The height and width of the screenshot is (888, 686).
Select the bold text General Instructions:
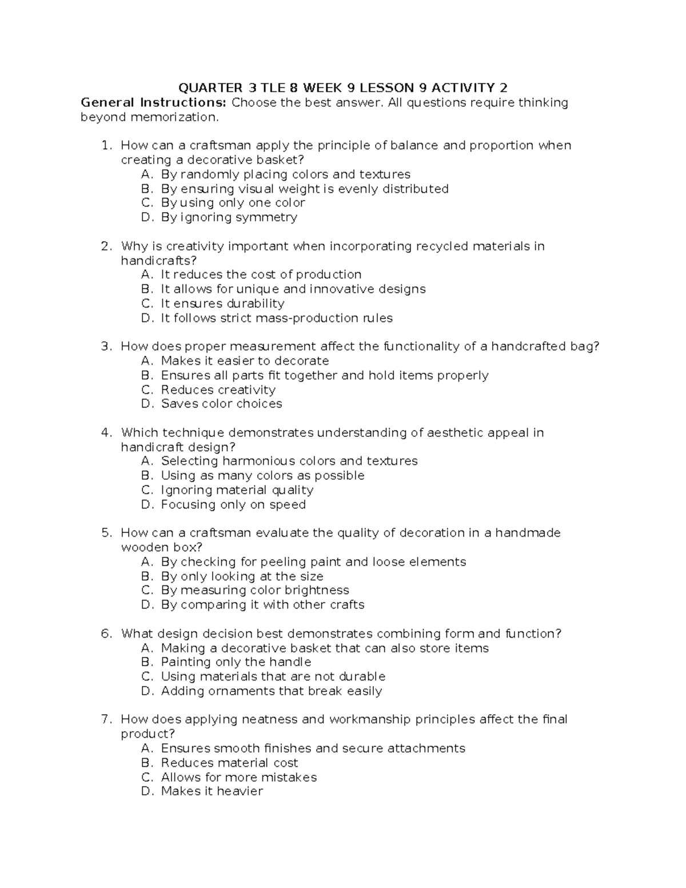[x=154, y=103]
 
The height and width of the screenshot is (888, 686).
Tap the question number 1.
[x=106, y=146]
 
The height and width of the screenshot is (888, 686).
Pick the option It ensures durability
[x=222, y=304]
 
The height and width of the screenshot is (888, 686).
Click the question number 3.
[x=106, y=347]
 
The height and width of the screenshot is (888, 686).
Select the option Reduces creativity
[x=218, y=390]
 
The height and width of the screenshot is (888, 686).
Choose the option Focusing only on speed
[x=233, y=505]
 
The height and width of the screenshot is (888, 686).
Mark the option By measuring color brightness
[x=255, y=590]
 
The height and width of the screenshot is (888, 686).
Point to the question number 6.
[x=106, y=634]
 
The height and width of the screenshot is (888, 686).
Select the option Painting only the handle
[x=236, y=662]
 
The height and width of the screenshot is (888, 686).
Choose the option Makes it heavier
[x=212, y=791]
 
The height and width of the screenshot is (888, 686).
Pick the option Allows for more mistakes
[x=238, y=778]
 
